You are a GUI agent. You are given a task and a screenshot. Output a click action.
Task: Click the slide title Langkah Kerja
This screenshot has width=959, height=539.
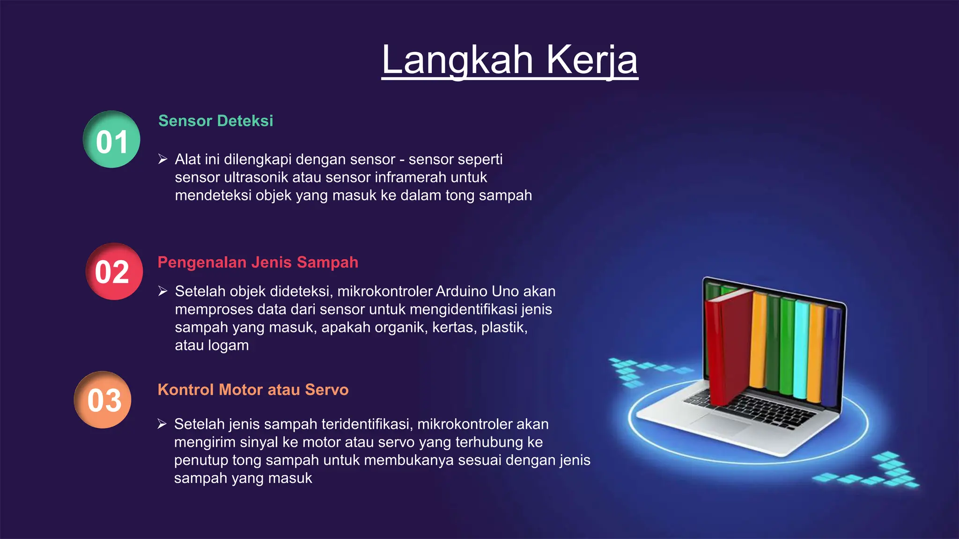coord(509,60)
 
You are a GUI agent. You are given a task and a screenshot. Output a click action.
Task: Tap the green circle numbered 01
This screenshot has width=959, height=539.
coord(111,139)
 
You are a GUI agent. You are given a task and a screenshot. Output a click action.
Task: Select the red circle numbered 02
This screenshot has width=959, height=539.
coord(114,271)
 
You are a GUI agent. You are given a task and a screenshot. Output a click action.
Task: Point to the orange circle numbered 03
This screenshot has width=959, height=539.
coord(103,400)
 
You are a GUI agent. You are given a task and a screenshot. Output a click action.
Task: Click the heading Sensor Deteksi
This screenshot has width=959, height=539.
coord(215,121)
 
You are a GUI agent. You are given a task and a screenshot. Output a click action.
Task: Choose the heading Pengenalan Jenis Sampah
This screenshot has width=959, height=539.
coord(258,262)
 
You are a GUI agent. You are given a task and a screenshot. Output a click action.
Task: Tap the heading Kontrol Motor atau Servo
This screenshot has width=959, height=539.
coord(253,390)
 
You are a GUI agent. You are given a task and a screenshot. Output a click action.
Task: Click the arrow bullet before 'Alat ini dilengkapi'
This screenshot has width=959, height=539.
coord(162,160)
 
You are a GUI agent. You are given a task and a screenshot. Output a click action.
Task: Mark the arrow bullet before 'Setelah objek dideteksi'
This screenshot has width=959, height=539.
coord(162,291)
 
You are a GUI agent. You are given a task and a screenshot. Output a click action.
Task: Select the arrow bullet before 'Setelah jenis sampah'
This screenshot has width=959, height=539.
coord(162,424)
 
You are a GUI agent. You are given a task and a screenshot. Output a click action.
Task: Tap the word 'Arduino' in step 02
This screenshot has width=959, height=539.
coord(462,291)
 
